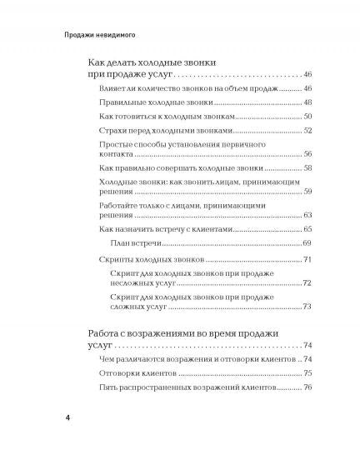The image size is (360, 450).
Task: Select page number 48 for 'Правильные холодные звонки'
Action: [x=307, y=102]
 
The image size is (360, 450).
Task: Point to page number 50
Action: [x=307, y=117]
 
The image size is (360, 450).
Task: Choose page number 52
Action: [x=307, y=131]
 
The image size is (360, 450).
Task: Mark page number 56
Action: [x=307, y=155]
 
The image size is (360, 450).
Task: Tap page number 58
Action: [x=307, y=169]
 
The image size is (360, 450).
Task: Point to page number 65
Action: [x=307, y=228]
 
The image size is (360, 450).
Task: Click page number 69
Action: [x=307, y=242]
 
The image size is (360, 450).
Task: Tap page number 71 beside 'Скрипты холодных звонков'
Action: [x=307, y=261]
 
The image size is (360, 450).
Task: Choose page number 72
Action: [x=307, y=284]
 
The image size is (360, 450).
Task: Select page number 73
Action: [x=307, y=307]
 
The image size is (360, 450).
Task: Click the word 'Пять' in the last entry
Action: [x=107, y=387]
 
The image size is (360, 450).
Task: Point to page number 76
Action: [x=307, y=387]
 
